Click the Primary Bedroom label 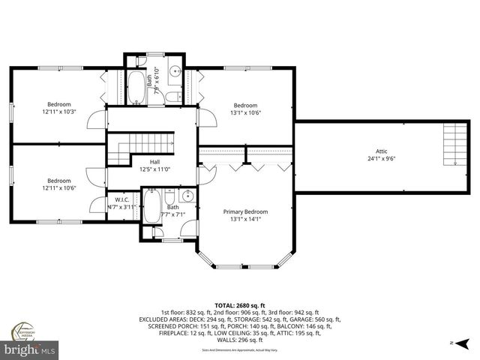[x=245, y=212]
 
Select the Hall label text [x=154, y=161]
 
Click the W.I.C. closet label [x=123, y=199]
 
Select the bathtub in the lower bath [x=151, y=206]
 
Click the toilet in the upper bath [x=172, y=97]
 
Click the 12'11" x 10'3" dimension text [x=59, y=112]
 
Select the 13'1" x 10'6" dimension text [x=245, y=112]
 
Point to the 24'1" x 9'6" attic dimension [x=381, y=158]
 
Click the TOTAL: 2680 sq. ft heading [x=240, y=306]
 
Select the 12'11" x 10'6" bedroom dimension [x=59, y=188]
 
